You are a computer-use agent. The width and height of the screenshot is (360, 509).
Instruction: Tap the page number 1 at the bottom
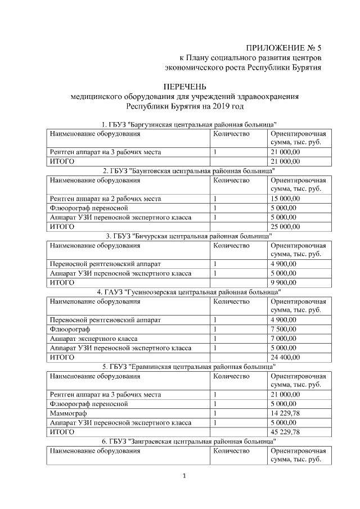click(184, 476)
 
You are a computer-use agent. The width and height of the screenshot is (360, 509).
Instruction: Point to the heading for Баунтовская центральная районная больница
click(188, 170)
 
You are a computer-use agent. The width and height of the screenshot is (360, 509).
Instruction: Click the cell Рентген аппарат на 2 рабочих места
click(105, 199)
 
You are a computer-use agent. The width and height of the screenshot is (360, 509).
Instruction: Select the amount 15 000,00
click(285, 199)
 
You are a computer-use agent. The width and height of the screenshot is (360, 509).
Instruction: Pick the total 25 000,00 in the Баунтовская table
click(285, 227)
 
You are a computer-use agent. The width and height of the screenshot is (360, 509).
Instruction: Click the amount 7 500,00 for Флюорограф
click(283, 329)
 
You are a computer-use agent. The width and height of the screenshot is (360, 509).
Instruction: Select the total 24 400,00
click(285, 357)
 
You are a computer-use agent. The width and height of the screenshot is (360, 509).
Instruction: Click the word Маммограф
click(67, 413)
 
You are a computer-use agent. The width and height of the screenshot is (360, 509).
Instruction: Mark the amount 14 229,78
click(285, 413)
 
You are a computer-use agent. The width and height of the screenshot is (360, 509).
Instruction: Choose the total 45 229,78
click(285, 432)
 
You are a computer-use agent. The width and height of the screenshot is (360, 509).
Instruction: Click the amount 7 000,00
click(283, 339)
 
